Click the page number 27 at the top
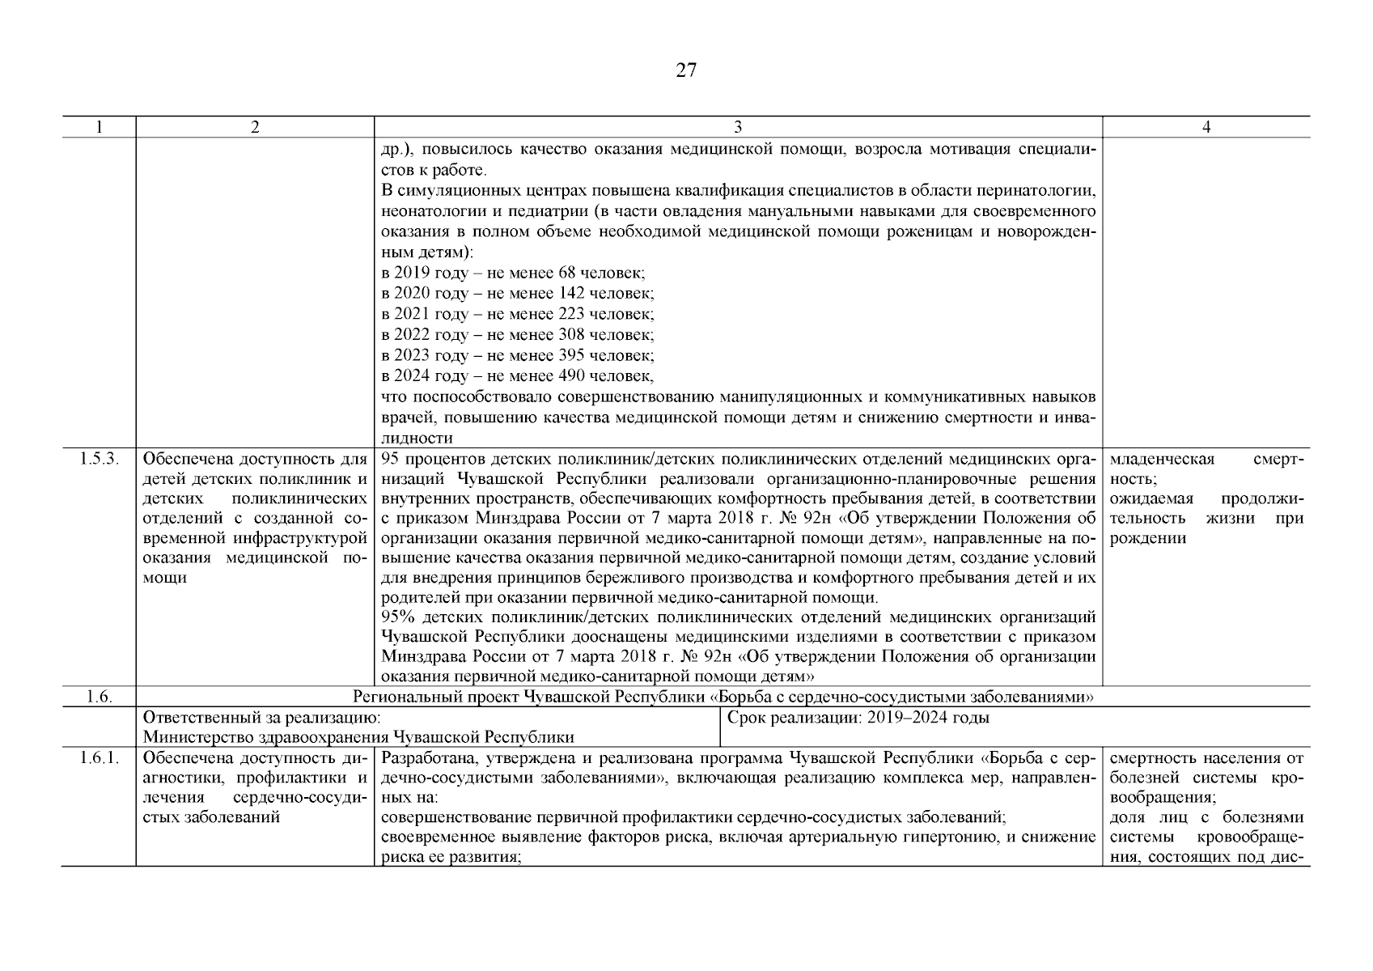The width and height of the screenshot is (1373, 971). coord(685,71)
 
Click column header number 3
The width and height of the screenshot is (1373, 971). coord(738,127)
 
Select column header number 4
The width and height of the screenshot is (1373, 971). coord(1206,127)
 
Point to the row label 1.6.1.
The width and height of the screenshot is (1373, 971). coord(98,758)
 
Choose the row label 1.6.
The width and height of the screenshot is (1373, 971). coord(98,698)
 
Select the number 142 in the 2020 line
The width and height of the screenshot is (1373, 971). coord(571,294)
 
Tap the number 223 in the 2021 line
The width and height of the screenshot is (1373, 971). coord(571,314)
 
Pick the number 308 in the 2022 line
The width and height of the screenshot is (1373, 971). coord(571,335)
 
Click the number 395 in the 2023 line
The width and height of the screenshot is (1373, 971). coord(571,356)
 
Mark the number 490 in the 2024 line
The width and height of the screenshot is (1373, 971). coord(571,376)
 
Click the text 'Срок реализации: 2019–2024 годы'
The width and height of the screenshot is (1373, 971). coord(858,718)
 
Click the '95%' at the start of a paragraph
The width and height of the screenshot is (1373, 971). coord(397,617)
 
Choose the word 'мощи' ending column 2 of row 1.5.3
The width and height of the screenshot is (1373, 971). coord(165,578)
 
